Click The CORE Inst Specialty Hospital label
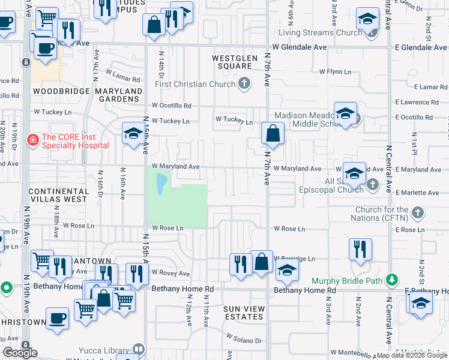pyautogui.click(x=75, y=140)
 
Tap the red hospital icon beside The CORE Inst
pyautogui.click(x=32, y=140)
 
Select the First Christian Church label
pyautogui.click(x=194, y=84)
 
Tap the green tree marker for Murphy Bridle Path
pyautogui.click(x=391, y=280)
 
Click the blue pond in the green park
pyautogui.click(x=161, y=184)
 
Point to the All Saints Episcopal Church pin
pyautogui.click(x=373, y=184)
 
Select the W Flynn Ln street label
pyautogui.click(x=335, y=71)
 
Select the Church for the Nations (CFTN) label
pyautogui.click(x=381, y=214)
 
